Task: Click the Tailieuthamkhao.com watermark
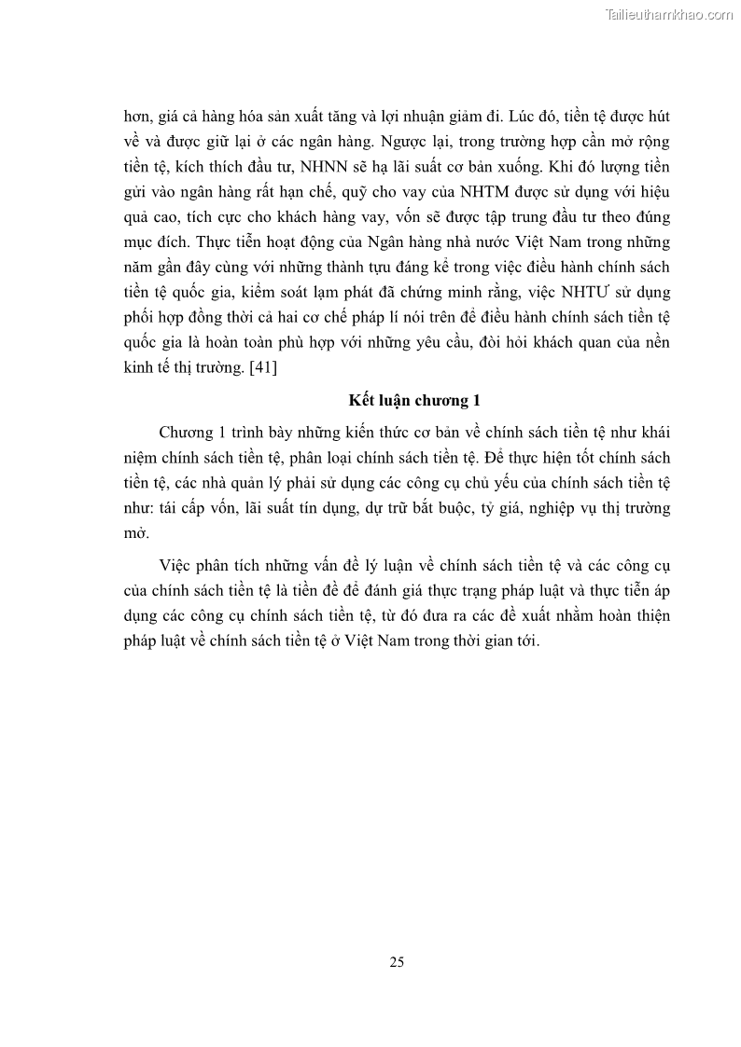pyautogui.click(x=669, y=14)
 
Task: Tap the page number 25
pyautogui.click(x=397, y=962)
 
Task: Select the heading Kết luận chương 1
pyautogui.click(x=409, y=401)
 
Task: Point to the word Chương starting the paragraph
pyautogui.click(x=186, y=434)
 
